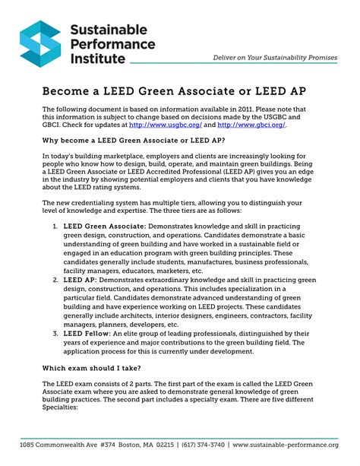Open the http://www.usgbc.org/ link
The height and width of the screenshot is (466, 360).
162,125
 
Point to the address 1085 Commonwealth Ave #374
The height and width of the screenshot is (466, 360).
68,445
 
